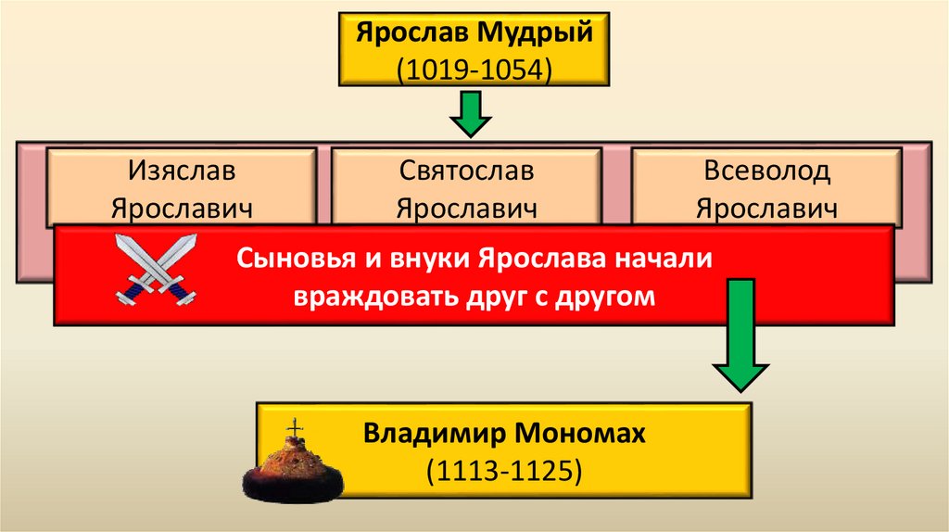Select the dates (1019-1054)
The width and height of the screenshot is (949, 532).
tap(474, 70)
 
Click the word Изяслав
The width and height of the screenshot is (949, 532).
tap(183, 171)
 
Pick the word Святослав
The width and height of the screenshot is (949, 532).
tap(467, 171)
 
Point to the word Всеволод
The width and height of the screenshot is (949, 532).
tap(766, 171)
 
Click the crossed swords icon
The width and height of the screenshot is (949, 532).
tap(156, 269)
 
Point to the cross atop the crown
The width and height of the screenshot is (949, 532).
tap(296, 428)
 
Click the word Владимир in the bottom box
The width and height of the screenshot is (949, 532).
tap(434, 433)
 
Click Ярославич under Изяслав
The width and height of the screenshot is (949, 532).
tap(183, 207)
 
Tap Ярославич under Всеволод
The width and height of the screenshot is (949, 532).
tap(766, 207)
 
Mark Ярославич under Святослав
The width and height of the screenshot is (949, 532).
tap(467, 207)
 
